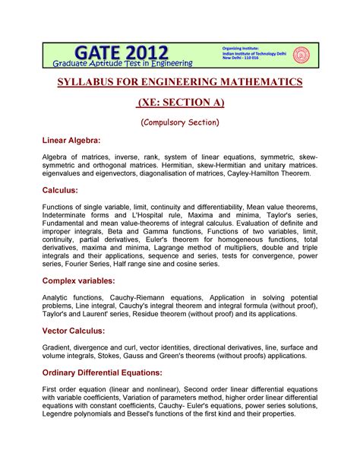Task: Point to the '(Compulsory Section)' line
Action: coord(181,122)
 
